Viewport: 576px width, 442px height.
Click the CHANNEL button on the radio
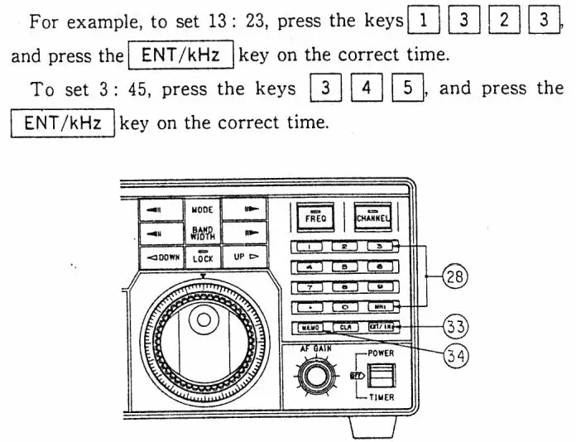click(x=372, y=217)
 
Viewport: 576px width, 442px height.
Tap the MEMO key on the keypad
click(x=308, y=328)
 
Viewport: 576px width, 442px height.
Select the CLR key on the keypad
click(x=345, y=328)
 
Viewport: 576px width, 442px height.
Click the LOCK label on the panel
click(x=203, y=258)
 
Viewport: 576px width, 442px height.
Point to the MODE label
click(x=203, y=211)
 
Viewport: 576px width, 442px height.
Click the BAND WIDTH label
click(x=203, y=233)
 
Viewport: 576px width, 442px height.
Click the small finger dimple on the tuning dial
click(x=199, y=319)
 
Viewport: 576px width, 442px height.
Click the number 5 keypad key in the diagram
click(x=345, y=267)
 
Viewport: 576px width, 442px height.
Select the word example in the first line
click(x=98, y=22)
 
